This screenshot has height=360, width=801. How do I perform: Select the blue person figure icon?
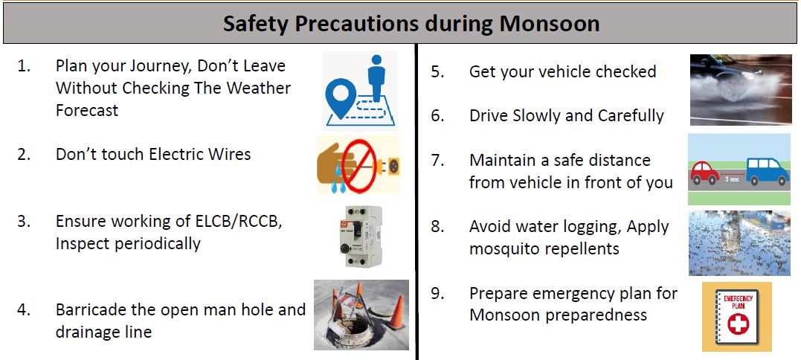[376, 77]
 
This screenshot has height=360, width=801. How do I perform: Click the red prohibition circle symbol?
[358, 165]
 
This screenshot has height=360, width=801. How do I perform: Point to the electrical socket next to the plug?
[390, 165]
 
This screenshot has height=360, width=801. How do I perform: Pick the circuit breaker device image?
[361, 236]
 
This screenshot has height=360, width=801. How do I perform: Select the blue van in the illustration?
[767, 171]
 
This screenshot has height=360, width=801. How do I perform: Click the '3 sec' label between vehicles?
[732, 180]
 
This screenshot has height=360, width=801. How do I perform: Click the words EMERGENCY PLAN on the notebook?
[736, 300]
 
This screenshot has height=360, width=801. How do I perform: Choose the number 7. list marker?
[437, 161]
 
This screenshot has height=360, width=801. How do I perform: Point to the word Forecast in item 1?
[87, 110]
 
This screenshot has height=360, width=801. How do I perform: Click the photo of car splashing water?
[740, 90]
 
